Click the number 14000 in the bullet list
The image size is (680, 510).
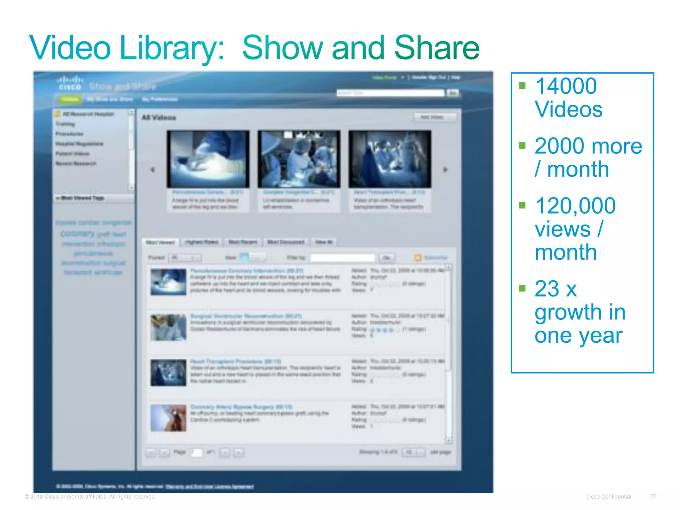click(x=566, y=86)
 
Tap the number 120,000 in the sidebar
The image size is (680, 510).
click(x=575, y=206)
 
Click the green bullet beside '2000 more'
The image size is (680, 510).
click(x=522, y=145)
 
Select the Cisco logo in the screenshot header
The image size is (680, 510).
click(x=70, y=83)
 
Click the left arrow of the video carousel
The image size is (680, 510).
click(x=152, y=170)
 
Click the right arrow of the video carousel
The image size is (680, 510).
click(x=445, y=170)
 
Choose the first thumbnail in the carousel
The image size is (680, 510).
click(x=208, y=159)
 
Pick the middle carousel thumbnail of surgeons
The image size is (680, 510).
click(x=299, y=159)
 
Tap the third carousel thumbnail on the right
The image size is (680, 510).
click(x=390, y=159)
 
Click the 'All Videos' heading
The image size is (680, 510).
click(x=159, y=118)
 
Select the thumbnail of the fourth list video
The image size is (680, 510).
click(x=168, y=418)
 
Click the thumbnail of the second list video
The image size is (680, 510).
click(x=168, y=327)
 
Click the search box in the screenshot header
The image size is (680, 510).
click(x=390, y=93)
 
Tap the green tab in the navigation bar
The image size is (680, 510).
click(x=70, y=99)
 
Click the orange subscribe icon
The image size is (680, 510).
click(x=418, y=257)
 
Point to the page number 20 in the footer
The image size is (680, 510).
click(x=653, y=496)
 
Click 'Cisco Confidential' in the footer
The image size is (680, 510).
click(x=608, y=497)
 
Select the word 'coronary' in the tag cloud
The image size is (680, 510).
click(x=78, y=233)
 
